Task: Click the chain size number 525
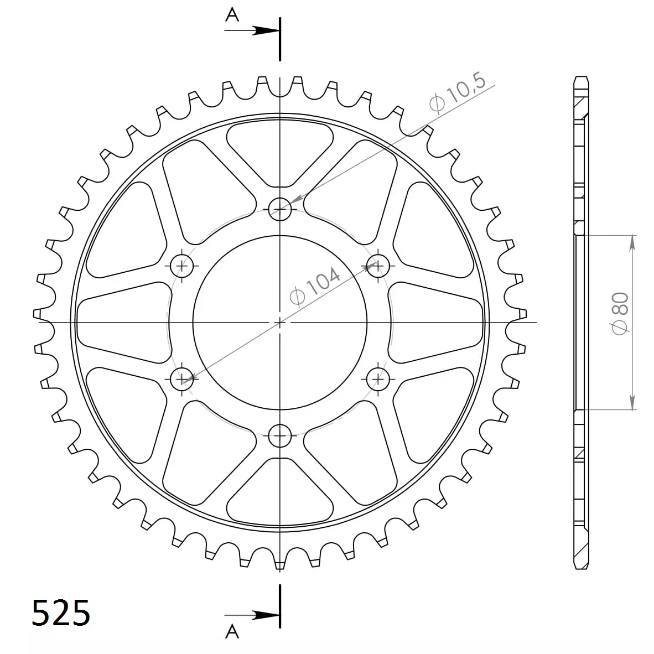(x=61, y=613)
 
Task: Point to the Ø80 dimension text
(x=620, y=313)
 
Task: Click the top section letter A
(x=232, y=15)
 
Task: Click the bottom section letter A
(x=232, y=631)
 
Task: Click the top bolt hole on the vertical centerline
(x=280, y=209)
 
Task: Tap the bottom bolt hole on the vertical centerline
(x=280, y=435)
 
